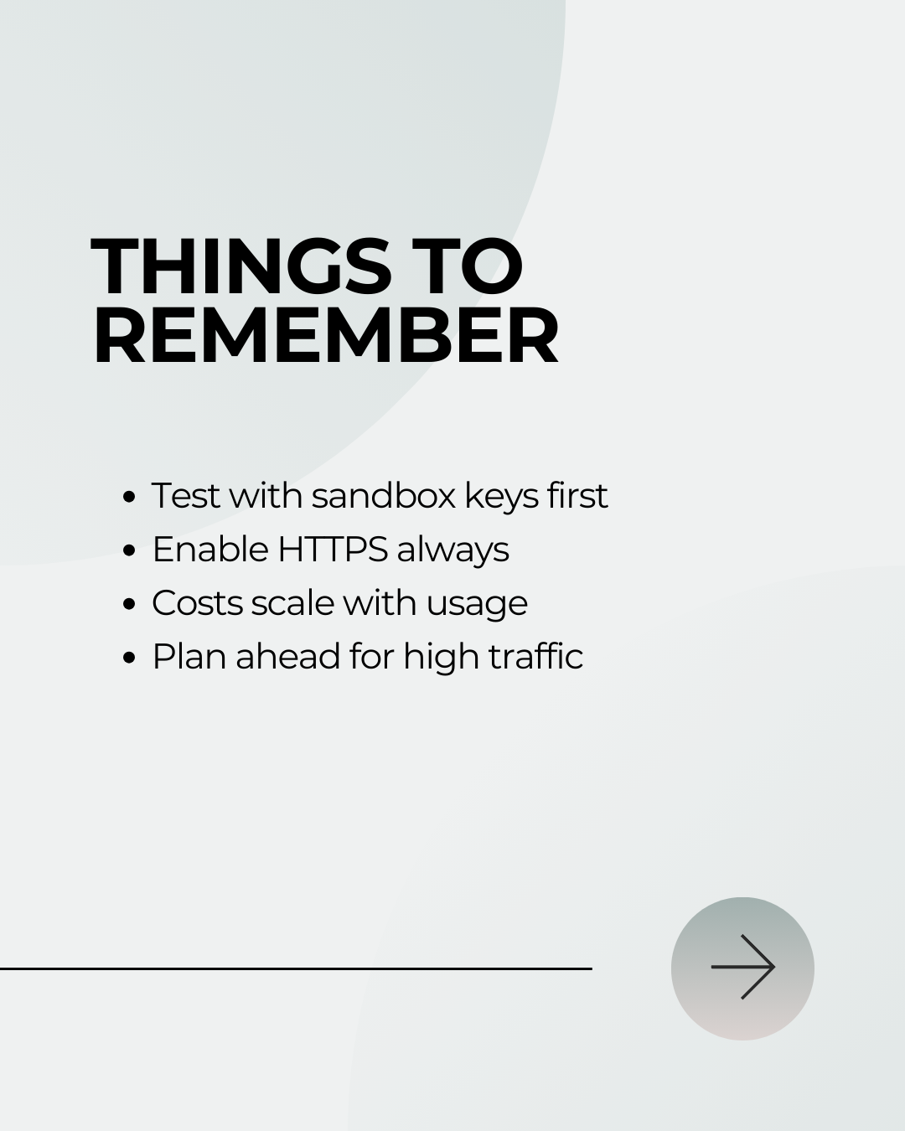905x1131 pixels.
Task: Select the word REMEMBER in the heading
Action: (x=325, y=335)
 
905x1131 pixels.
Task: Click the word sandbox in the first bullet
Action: (x=383, y=495)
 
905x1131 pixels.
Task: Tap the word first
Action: (x=577, y=495)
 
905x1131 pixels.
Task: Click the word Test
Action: (x=186, y=495)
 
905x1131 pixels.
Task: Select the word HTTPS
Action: (x=333, y=550)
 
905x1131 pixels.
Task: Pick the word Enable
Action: (x=209, y=550)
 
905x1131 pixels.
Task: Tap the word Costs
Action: (x=197, y=603)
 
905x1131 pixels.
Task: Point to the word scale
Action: (x=292, y=603)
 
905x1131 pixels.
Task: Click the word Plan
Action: (x=189, y=657)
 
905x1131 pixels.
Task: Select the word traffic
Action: (x=535, y=657)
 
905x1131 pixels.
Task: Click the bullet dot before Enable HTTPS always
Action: (x=129, y=550)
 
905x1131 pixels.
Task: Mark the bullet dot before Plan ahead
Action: (x=129, y=658)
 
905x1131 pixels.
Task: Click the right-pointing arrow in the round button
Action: (x=742, y=967)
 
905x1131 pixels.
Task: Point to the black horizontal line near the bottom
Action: (x=296, y=968)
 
